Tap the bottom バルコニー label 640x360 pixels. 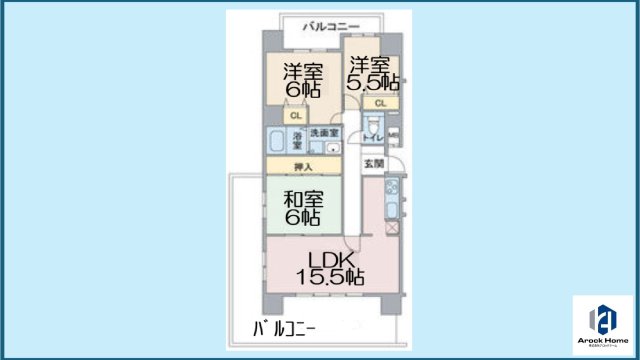[x=284, y=328]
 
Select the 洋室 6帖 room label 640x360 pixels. [x=301, y=80]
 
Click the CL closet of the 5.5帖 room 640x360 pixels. [x=380, y=103]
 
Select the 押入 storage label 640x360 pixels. [x=301, y=166]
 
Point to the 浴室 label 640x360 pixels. [x=296, y=139]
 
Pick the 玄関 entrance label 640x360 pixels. [x=372, y=163]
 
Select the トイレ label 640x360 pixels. [x=370, y=135]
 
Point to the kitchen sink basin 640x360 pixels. [x=391, y=210]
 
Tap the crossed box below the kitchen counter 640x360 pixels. [x=391, y=229]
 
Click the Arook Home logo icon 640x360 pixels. [x=604, y=319]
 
